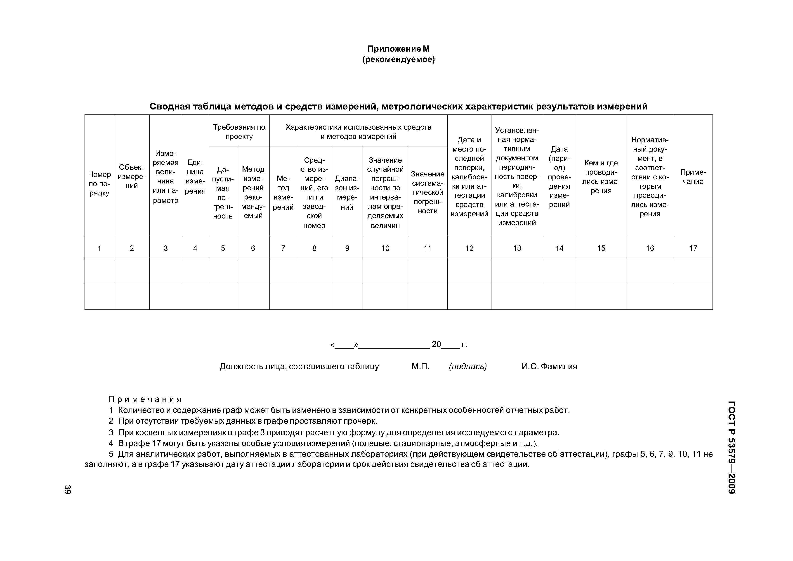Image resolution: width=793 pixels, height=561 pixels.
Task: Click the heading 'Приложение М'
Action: pos(398,49)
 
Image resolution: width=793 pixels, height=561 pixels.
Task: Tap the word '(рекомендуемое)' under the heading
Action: pos(398,60)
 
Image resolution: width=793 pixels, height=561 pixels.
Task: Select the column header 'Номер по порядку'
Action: pos(99,183)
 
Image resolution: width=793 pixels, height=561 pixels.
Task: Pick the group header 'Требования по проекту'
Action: pos(239,132)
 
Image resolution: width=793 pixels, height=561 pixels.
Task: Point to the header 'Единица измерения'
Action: pos(195,177)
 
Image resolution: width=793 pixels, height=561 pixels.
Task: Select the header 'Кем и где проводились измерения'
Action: pos(601,177)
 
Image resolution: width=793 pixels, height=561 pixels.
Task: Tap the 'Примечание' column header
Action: pos(693,177)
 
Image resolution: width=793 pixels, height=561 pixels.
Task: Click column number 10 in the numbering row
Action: pos(385,248)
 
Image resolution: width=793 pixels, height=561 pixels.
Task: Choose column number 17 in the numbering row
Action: pos(693,248)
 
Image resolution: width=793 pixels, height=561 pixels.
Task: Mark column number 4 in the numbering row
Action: pos(195,248)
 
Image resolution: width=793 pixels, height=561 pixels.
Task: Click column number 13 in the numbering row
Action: pos(517,248)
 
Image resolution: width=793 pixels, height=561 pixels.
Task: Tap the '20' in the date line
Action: pos(436,344)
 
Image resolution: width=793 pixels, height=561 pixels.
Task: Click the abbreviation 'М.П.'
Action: pos(420,366)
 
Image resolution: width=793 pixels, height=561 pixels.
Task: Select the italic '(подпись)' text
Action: pos(468,366)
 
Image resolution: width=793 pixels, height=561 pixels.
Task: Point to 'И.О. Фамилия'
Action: pos(549,366)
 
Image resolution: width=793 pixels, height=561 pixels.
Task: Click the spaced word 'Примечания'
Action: pos(145,399)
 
